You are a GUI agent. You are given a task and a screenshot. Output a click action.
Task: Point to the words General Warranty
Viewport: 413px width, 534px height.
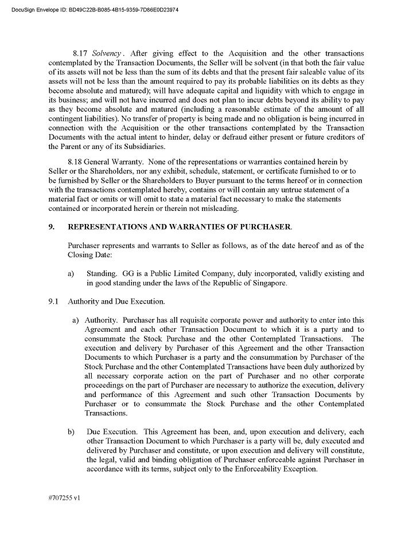click(x=115, y=163)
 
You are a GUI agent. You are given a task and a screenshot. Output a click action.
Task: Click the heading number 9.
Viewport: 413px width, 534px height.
click(x=52, y=227)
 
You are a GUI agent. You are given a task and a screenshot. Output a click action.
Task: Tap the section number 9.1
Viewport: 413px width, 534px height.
click(x=54, y=301)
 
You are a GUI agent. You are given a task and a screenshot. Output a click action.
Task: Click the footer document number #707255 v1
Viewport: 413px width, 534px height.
click(x=64, y=498)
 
